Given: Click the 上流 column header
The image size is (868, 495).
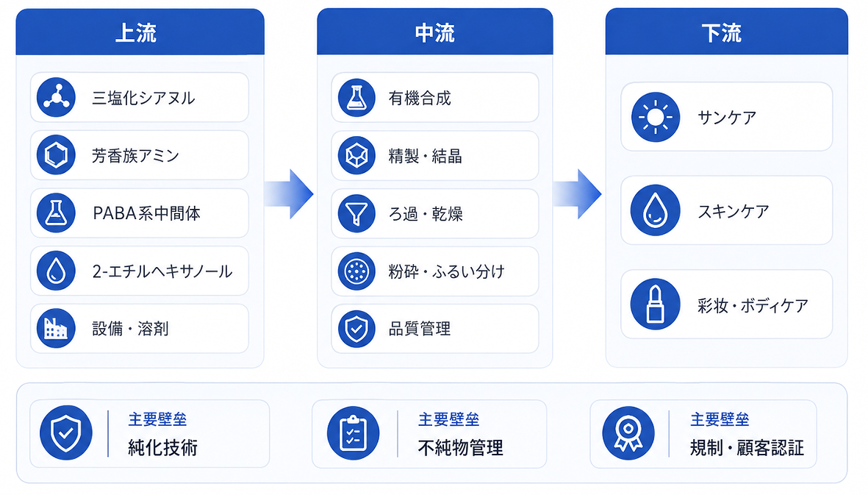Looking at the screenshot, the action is pos(136,33).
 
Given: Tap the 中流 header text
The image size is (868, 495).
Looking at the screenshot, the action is pos(435,33).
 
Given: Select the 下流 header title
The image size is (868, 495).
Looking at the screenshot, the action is pos(721,33).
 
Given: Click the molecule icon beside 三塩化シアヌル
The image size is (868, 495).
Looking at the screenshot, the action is pos(56,97).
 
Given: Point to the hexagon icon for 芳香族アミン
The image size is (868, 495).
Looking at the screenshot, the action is pos(56,155).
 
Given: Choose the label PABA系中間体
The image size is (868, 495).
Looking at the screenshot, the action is pos(147,213).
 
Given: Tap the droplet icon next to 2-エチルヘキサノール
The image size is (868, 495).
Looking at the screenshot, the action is pos(56,271).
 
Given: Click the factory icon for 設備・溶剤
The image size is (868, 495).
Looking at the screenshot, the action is pos(56,328).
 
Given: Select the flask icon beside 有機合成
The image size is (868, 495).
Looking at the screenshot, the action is pos(356,97).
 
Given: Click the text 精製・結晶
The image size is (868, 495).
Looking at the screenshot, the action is pos(425,156).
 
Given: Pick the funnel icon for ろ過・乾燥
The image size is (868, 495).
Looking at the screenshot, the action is pos(356,213).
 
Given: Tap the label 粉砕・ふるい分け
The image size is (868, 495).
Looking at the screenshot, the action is pos(447,271).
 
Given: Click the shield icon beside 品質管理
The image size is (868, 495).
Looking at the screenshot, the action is pos(356,329).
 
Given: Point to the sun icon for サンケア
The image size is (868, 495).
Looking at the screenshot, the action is pos(656,117).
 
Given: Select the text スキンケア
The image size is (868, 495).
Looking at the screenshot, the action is pos(733,211).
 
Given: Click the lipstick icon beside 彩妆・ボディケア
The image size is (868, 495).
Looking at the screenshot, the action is pos(656,304).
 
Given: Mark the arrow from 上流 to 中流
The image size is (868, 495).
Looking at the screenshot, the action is pos(289,193).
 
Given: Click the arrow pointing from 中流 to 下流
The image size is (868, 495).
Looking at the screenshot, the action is pos(578,193).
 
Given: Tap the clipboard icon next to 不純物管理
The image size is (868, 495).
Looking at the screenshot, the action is pos(354,433).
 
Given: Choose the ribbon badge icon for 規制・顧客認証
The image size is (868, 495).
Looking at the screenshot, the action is pos(628,433).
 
